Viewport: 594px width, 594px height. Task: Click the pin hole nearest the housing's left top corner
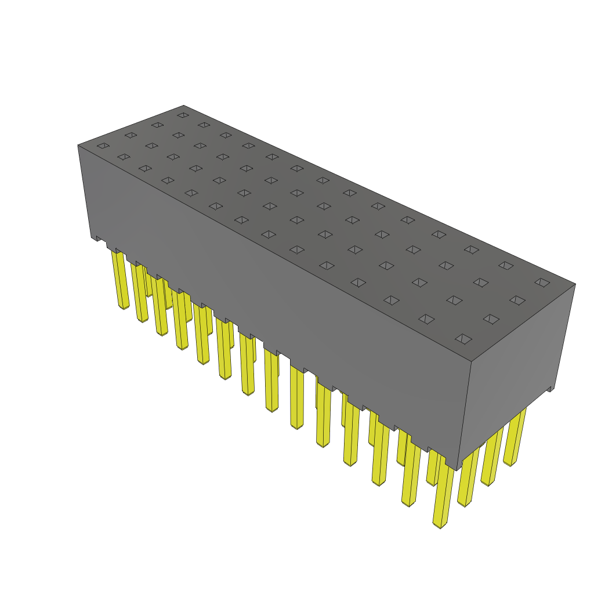tap(103, 146)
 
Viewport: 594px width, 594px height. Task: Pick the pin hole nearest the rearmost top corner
tap(183, 115)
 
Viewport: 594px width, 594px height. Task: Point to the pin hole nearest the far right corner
tap(542, 282)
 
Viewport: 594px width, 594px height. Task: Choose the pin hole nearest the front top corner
tap(463, 339)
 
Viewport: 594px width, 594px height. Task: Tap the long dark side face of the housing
tap(273, 290)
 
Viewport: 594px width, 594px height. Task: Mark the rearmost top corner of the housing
tap(183, 106)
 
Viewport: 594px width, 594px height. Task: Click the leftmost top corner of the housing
tap(78, 145)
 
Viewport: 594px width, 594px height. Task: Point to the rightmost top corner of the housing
tap(575, 284)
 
